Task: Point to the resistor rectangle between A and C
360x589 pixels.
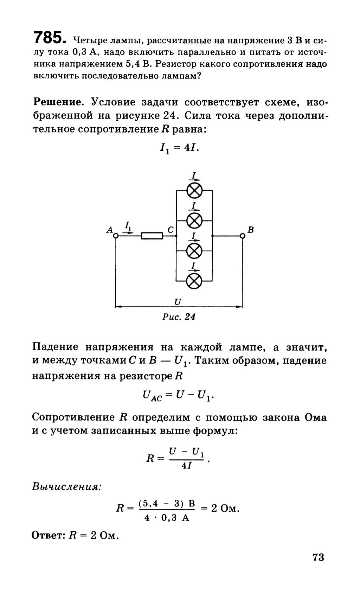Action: pos(152,236)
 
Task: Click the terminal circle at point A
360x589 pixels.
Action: pos(116,236)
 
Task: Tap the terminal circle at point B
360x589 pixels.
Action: pos(242,236)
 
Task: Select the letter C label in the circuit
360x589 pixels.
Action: pos(171,230)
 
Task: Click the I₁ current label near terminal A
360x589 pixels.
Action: pos(128,225)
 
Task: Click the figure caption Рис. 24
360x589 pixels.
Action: pos(179,317)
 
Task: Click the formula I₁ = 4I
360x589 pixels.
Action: pos(179,149)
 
